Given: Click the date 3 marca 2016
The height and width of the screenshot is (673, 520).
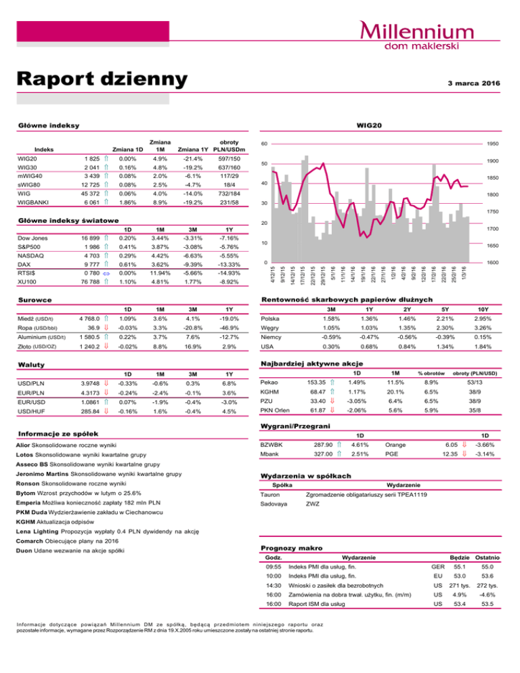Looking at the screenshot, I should (473, 83).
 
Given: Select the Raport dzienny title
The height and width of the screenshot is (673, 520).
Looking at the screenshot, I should (102, 79).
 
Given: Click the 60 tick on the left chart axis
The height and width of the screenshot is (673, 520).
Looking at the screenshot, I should (266, 144).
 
